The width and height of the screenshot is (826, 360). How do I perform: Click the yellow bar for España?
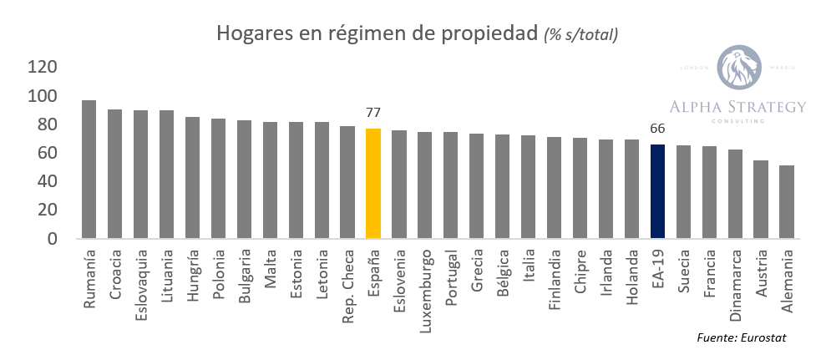(x=373, y=184)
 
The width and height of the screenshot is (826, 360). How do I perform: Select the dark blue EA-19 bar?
(x=658, y=191)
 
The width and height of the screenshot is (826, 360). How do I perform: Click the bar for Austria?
(x=761, y=200)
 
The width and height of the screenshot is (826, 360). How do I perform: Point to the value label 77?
(x=373, y=113)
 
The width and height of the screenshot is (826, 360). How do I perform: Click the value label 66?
(x=658, y=129)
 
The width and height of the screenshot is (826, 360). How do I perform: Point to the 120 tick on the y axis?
(x=42, y=68)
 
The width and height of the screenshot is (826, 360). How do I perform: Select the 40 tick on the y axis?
(x=48, y=182)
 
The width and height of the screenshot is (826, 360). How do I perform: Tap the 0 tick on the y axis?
(x=53, y=239)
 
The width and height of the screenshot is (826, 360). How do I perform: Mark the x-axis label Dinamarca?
(x=735, y=281)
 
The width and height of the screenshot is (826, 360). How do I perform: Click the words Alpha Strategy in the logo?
(x=737, y=106)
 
